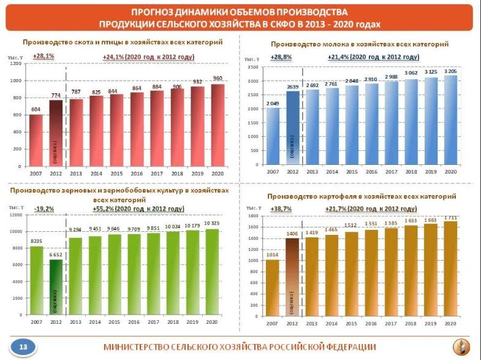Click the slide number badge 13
click(23, 347)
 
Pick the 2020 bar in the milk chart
click(451, 120)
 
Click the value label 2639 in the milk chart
click(292, 86)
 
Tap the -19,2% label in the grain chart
click(44, 209)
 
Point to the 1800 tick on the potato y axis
click(252, 216)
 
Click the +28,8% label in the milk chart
click(281, 56)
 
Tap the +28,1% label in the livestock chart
click(44, 56)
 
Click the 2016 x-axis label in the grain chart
click(134, 321)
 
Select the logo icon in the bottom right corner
click(460, 347)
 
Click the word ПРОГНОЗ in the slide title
click(156, 12)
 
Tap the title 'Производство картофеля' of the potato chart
click(362, 196)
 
